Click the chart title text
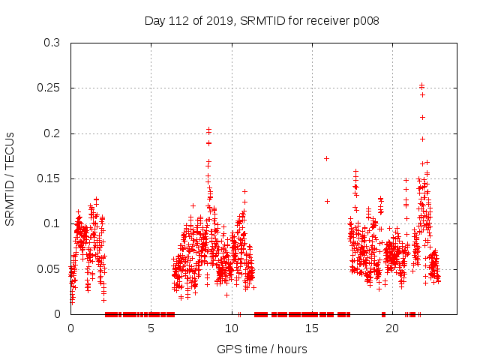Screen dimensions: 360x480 pos(262,20)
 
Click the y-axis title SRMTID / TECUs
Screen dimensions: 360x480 pos(10,178)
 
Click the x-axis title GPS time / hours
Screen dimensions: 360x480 pos(262,349)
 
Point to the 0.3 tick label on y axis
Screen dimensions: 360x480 pos(52,43)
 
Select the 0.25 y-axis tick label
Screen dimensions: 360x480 pos(49,88)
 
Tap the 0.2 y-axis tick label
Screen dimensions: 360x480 pos(52,133)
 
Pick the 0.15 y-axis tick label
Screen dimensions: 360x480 pos(49,178)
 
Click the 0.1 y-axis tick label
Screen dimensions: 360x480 pos(52,223)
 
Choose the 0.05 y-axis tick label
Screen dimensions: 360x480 pos(49,268)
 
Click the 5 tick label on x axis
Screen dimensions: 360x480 pos(151,328)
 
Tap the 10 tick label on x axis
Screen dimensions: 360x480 pos(232,328)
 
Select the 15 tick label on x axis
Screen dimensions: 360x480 pos(312,328)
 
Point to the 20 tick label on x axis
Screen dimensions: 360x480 pos(392,328)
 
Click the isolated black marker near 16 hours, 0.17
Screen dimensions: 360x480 pos(326,158)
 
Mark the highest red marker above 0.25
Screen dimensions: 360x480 pos(421,85)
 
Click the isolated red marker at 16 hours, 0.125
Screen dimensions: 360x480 pos(327,201)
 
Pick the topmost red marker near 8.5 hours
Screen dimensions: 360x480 pos(208,130)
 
